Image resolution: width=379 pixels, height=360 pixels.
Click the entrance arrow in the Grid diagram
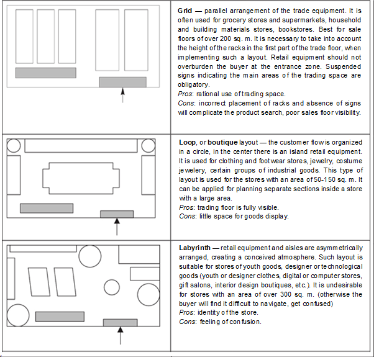tap(122, 95)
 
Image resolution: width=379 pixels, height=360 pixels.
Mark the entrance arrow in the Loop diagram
tap(117, 226)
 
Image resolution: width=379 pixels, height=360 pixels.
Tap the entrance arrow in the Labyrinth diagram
tap(120, 335)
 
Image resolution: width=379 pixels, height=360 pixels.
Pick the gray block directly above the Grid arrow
tap(122, 82)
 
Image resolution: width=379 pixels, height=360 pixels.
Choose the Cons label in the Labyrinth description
tap(188, 322)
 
